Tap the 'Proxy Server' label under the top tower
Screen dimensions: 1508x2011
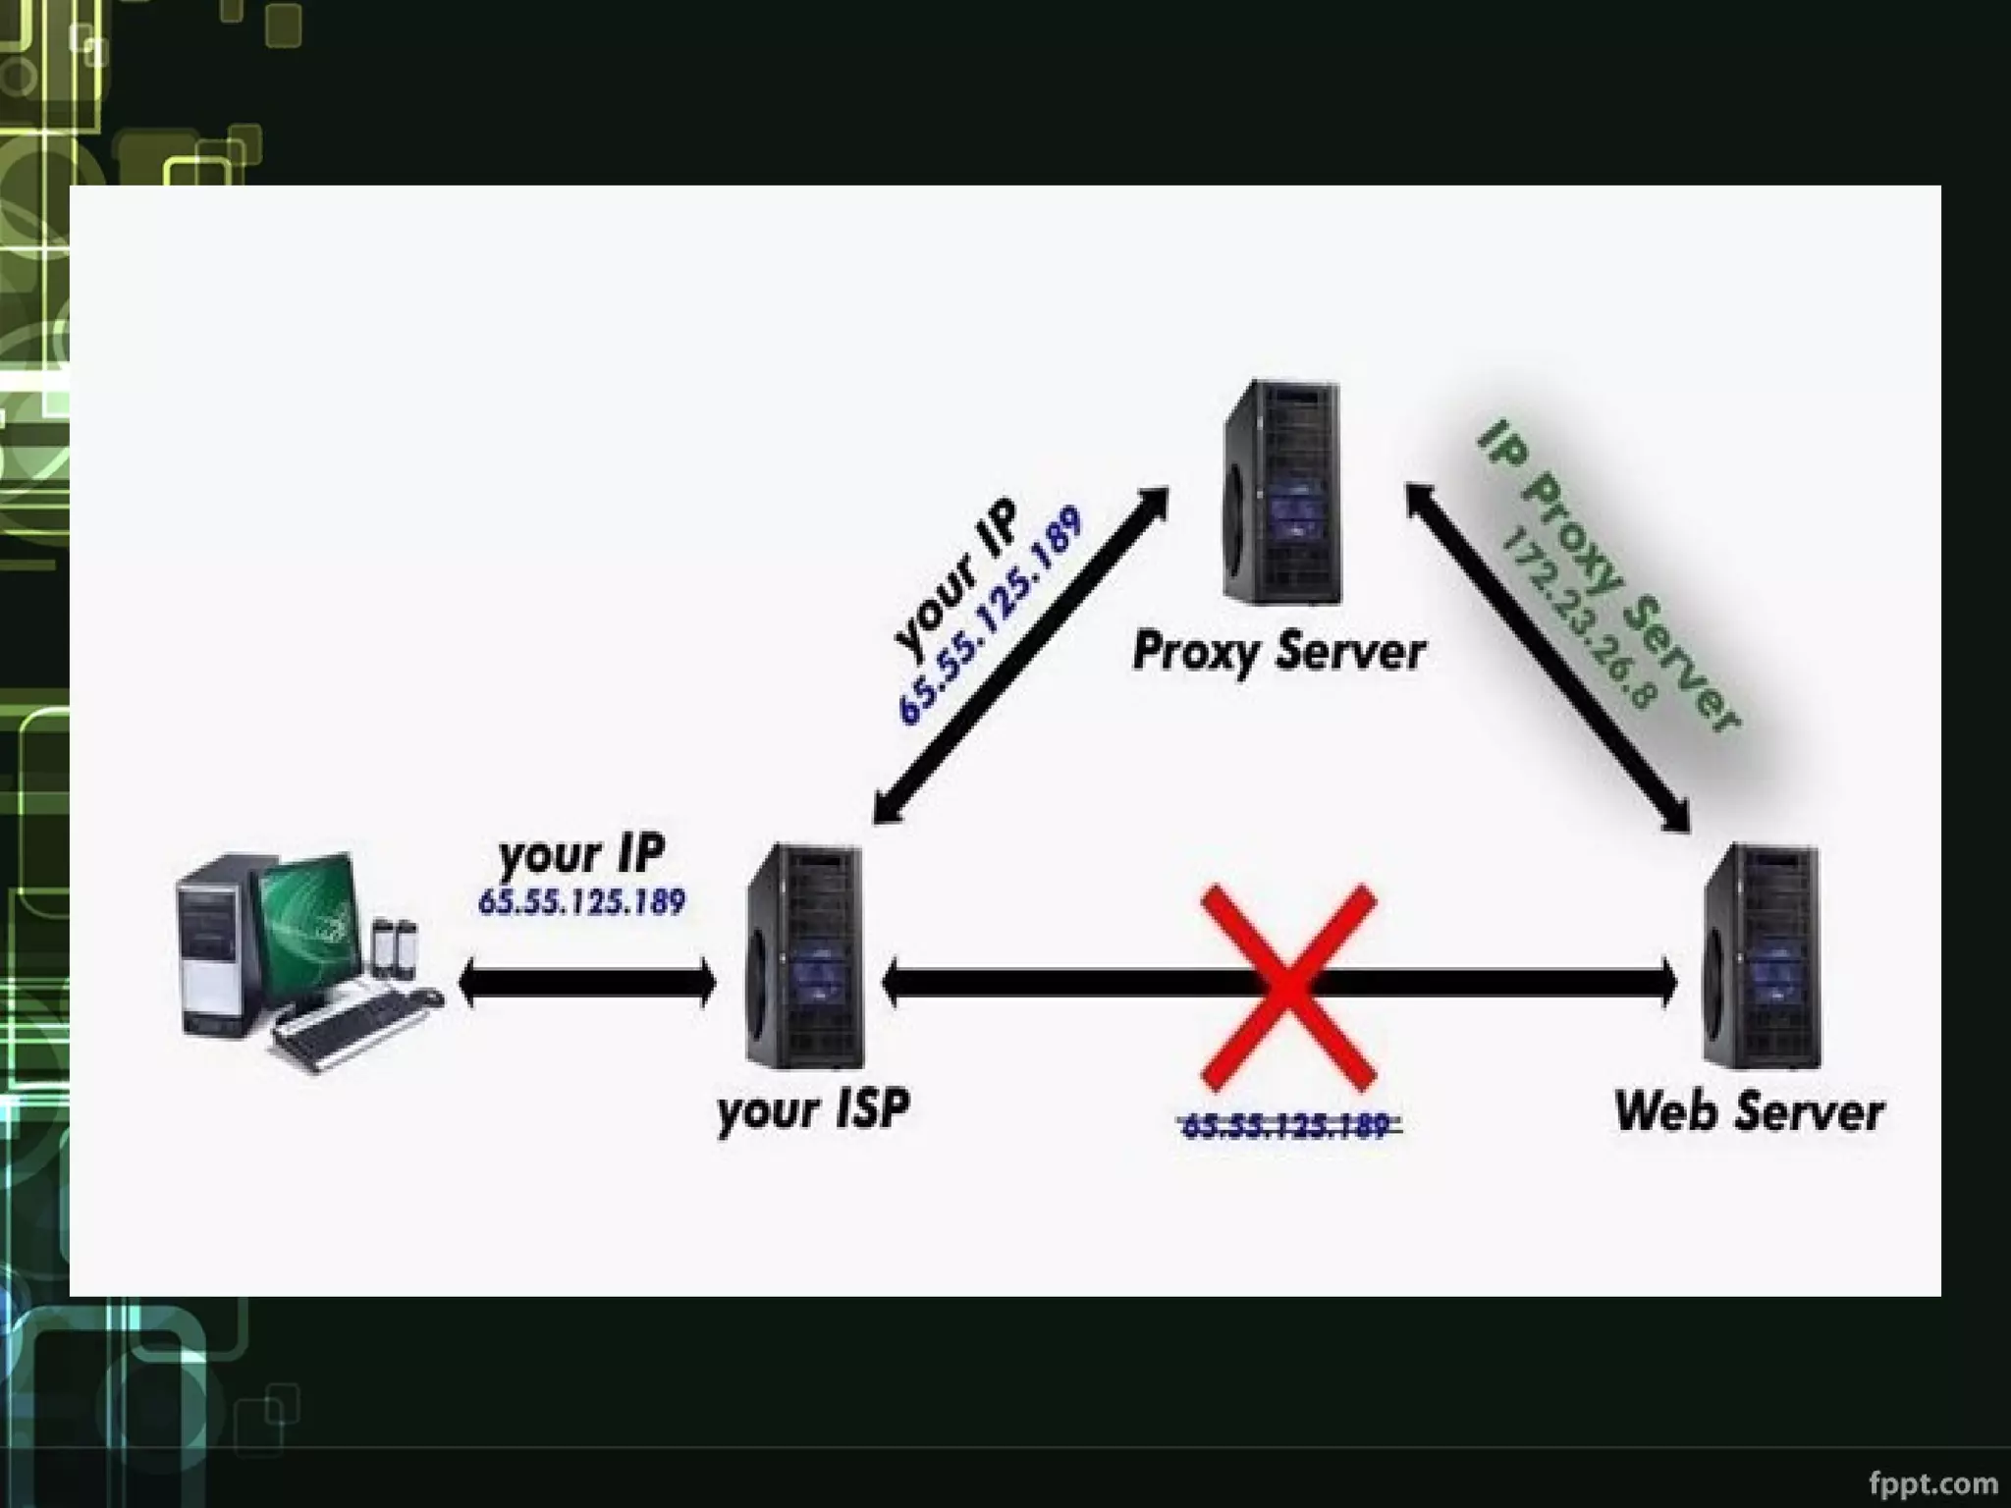(1277, 652)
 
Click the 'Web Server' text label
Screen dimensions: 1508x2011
(1749, 1112)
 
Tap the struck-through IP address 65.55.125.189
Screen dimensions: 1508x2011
(1287, 1125)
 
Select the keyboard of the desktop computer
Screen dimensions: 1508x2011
(344, 1026)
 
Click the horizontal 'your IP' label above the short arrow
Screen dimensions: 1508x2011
(581, 854)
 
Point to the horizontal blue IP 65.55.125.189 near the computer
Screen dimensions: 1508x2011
(581, 901)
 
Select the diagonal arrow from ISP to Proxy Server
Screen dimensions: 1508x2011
(1021, 653)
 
